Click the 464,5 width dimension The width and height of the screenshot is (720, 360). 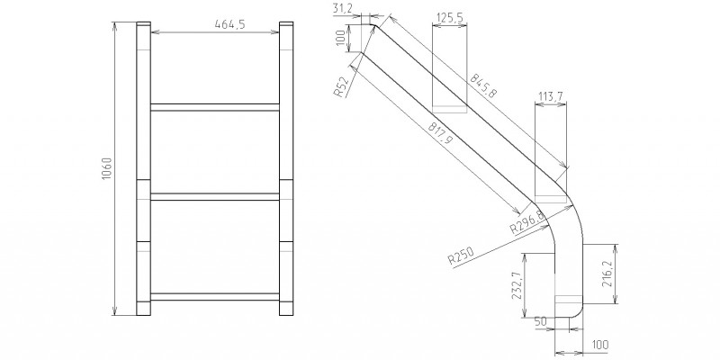pos(229,24)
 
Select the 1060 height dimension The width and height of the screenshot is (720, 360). pos(106,168)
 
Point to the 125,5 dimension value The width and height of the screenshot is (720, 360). pos(449,18)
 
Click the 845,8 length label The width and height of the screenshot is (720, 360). pos(483,85)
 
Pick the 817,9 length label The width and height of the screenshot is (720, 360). pos(440,134)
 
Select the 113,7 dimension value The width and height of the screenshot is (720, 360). pos(551,96)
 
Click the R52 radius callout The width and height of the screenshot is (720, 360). pos(341,86)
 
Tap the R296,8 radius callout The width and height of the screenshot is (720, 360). pos(527,222)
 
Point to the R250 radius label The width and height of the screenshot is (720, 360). pos(461,256)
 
